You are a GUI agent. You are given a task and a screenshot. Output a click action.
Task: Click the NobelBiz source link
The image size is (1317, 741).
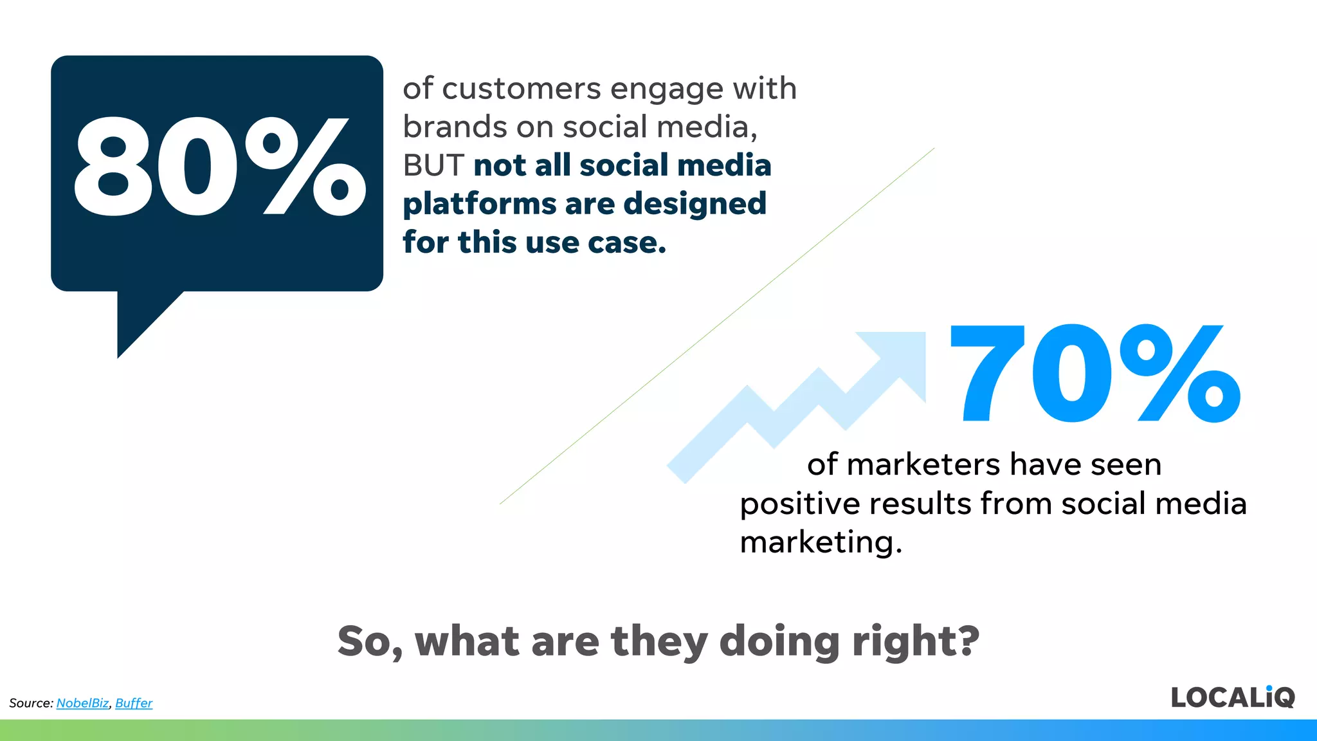tap(82, 703)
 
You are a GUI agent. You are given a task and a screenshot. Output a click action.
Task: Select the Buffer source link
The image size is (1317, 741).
tap(134, 703)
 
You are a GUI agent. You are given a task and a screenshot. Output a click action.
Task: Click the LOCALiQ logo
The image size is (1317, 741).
tap(1232, 697)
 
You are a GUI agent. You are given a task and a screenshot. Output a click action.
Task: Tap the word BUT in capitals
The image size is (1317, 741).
tap(433, 166)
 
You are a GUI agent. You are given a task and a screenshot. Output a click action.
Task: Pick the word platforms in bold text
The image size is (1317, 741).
tap(479, 205)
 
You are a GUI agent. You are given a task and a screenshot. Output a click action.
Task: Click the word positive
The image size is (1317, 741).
tap(799, 504)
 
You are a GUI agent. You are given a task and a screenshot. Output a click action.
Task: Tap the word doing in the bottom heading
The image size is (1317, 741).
tap(779, 641)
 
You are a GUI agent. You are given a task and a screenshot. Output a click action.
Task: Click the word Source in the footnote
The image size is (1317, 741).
tap(30, 703)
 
